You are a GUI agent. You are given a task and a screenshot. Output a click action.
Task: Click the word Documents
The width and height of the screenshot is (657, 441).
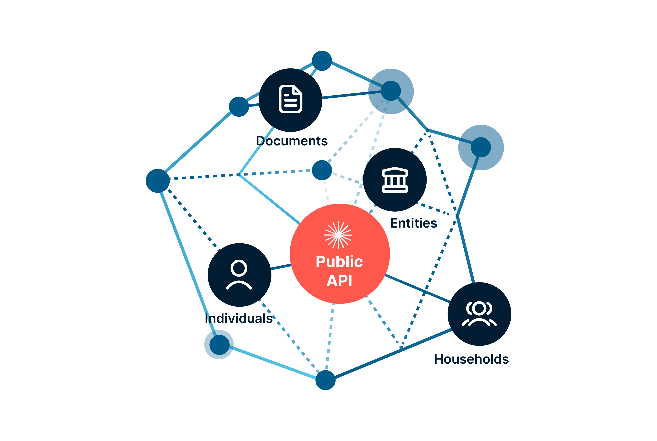(x=292, y=141)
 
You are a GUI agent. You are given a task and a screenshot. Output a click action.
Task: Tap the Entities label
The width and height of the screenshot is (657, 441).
(x=413, y=223)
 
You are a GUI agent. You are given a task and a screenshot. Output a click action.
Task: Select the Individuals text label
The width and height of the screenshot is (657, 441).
(x=239, y=318)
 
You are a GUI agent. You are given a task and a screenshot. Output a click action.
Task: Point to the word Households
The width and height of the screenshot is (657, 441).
(x=471, y=359)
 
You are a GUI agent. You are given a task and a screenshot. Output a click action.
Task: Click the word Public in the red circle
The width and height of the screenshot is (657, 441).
(x=339, y=261)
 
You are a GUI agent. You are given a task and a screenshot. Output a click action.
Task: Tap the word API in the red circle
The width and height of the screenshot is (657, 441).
(x=339, y=281)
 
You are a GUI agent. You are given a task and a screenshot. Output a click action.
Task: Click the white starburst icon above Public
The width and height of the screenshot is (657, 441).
(x=338, y=235)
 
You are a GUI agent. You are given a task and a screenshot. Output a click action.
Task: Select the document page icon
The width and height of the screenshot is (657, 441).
(x=290, y=99)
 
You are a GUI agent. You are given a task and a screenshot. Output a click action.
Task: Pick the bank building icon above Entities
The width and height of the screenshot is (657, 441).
(x=395, y=180)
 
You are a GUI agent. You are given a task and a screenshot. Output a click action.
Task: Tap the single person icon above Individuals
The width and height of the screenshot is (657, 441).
(x=239, y=274)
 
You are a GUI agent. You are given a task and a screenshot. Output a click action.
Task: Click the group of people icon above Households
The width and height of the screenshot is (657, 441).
(x=479, y=314)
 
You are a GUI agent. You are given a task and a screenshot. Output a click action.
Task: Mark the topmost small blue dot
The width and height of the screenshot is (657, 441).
(x=322, y=61)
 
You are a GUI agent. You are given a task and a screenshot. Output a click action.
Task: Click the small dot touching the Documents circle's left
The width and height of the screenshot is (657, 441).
(x=239, y=107)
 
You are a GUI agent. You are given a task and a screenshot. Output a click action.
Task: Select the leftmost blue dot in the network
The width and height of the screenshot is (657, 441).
(x=158, y=181)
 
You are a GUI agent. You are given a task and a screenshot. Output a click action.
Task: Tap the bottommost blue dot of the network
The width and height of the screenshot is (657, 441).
(x=325, y=380)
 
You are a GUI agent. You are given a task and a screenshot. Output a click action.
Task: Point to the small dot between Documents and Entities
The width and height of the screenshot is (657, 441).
(x=322, y=170)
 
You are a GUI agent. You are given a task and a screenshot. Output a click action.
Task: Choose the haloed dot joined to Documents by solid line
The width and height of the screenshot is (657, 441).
(x=391, y=91)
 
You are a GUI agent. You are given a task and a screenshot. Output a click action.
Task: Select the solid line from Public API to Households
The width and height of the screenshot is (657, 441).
(x=417, y=288)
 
